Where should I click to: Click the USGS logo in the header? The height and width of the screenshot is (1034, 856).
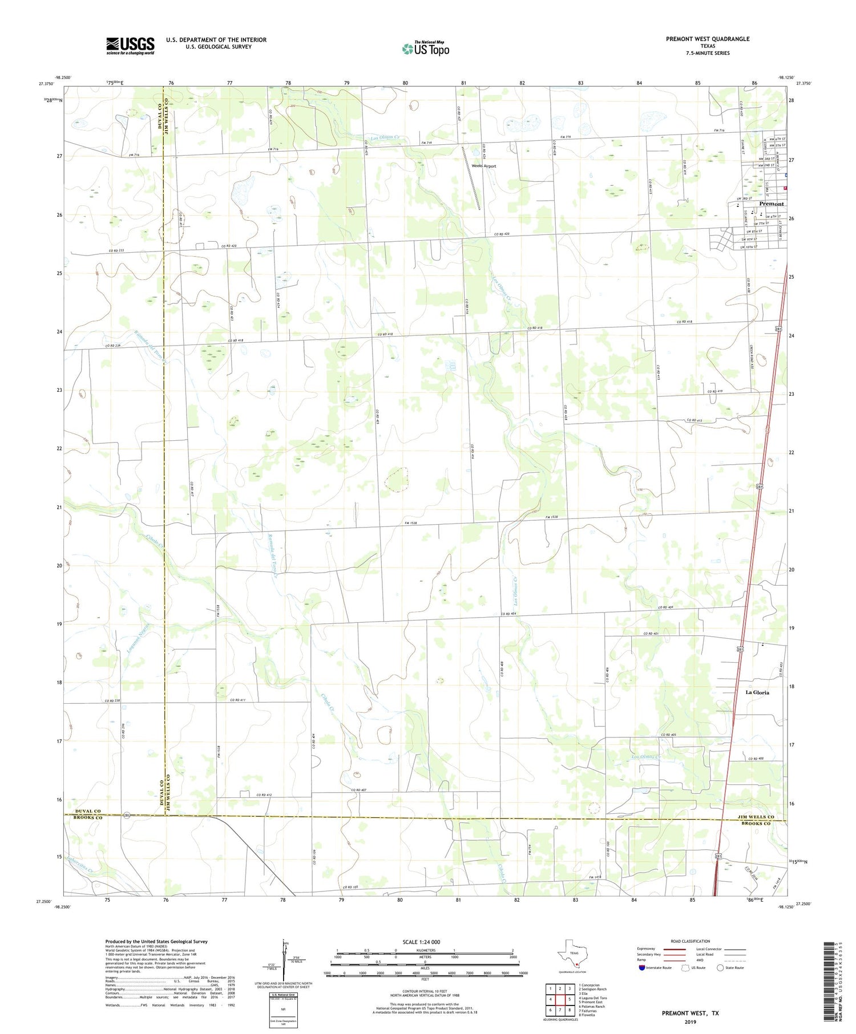(130, 46)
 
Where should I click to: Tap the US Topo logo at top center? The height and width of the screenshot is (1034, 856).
(425, 49)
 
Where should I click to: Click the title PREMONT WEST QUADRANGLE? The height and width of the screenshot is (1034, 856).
(707, 39)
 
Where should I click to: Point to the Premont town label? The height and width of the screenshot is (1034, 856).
(771, 204)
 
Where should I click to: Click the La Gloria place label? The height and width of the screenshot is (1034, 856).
(757, 692)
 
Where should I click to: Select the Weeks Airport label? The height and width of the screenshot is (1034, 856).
(483, 166)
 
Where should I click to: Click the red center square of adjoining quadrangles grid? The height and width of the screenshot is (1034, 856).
(569, 999)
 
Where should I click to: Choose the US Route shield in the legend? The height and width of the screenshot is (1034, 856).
(685, 968)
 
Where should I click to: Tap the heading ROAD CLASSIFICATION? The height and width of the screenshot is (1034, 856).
(690, 941)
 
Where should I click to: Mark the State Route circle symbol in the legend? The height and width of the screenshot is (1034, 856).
(720, 968)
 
